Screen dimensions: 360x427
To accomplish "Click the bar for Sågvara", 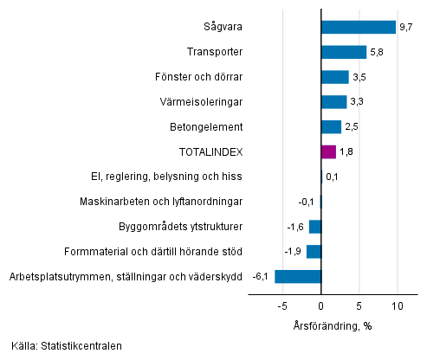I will (x=358, y=28).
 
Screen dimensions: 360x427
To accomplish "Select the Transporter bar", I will (x=343, y=53).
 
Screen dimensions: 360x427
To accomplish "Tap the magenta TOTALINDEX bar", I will (x=328, y=152).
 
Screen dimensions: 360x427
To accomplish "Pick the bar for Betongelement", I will (x=331, y=127).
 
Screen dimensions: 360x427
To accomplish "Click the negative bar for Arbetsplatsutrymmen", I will (x=298, y=277).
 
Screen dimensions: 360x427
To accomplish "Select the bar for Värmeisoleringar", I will (x=333, y=102).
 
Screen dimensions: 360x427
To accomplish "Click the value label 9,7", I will (x=406, y=28).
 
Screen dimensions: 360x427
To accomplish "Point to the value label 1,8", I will (x=346, y=152).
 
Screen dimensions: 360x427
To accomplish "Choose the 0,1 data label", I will (x=332, y=177).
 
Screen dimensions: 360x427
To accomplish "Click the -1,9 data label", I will (x=293, y=252).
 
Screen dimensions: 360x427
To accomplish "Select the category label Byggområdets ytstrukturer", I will (x=179, y=227).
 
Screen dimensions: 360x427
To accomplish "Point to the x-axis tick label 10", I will (x=398, y=307).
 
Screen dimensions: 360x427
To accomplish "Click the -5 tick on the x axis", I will (x=281, y=307).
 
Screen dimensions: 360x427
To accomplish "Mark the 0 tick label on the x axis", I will (x=321, y=307).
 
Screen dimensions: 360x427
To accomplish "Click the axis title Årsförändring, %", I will (x=332, y=325).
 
